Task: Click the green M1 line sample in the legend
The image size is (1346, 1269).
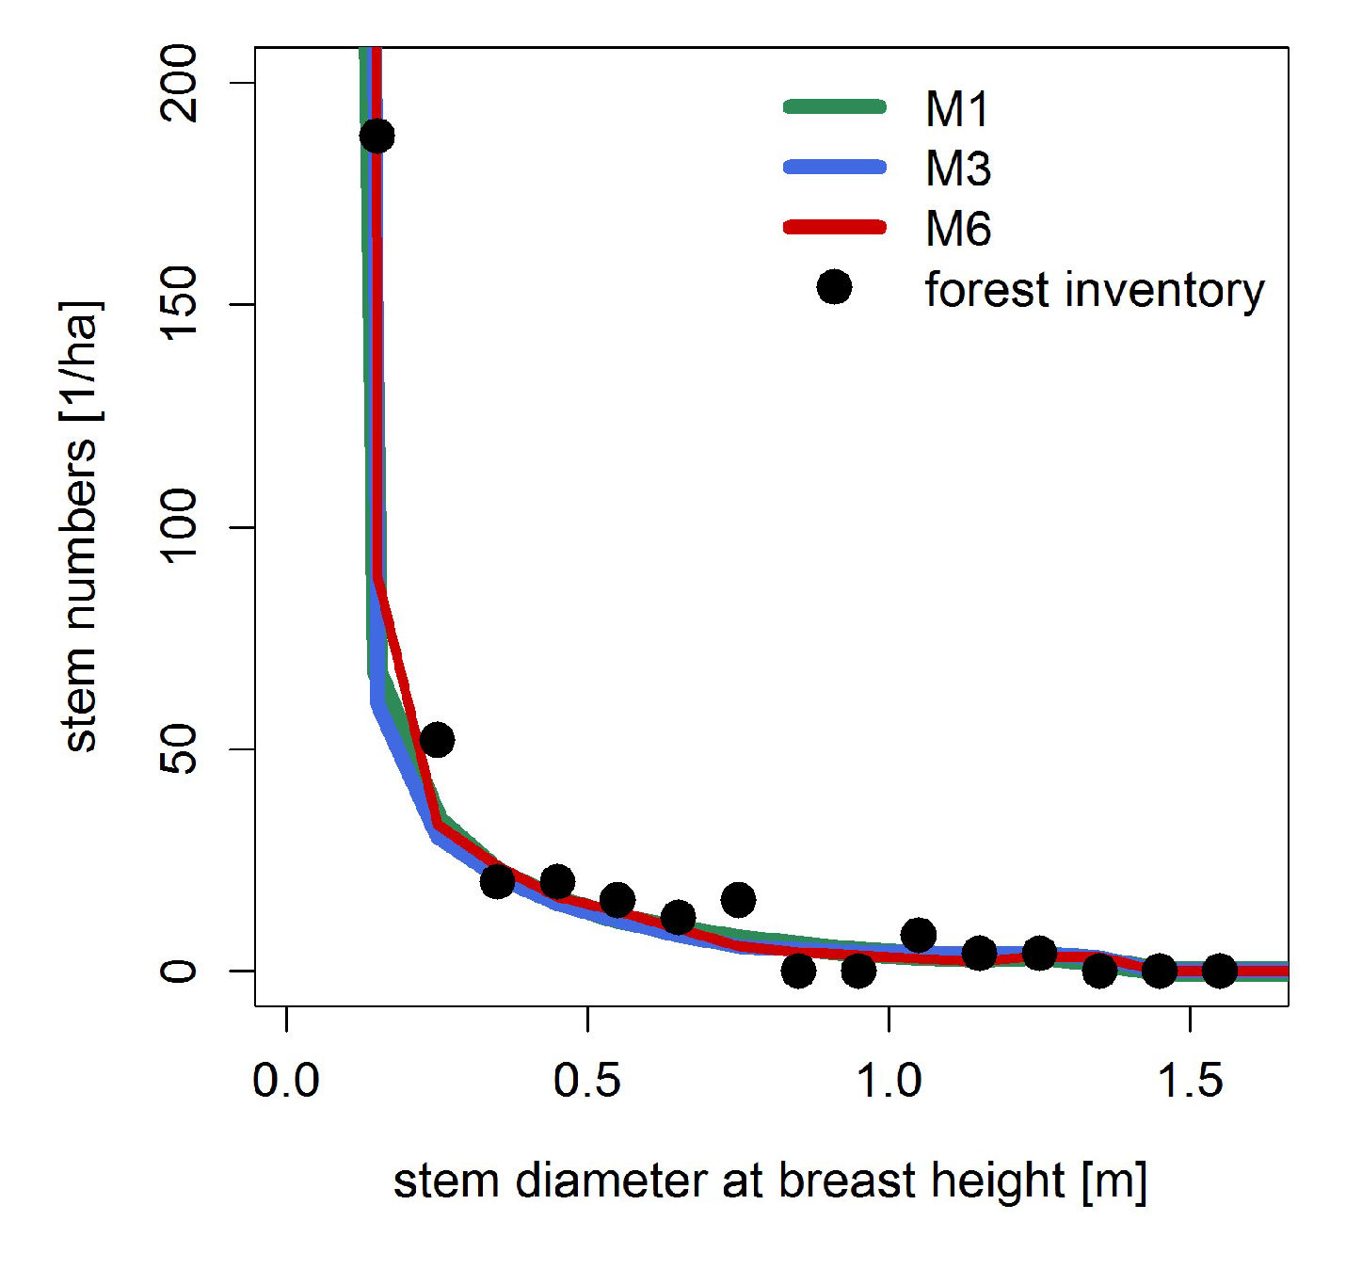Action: [x=834, y=106]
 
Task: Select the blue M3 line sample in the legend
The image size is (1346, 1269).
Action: [x=834, y=168]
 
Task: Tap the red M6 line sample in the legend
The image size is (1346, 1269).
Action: [x=834, y=227]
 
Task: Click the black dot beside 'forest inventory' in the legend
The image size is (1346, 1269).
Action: [x=834, y=287]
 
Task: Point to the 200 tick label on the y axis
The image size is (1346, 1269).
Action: [x=179, y=83]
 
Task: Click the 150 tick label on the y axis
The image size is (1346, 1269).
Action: [x=179, y=304]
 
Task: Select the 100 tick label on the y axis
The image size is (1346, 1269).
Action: [x=179, y=526]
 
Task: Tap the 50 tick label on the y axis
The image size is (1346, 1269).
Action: [x=179, y=748]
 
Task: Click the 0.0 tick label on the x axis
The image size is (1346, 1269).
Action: [x=286, y=1081]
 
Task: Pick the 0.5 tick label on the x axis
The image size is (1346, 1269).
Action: [x=587, y=1081]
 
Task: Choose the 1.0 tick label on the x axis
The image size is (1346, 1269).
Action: [x=889, y=1081]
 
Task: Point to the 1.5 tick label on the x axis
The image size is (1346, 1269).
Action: [x=1190, y=1081]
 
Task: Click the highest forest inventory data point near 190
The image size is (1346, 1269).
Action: [x=377, y=136]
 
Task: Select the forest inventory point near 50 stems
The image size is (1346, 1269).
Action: [x=437, y=740]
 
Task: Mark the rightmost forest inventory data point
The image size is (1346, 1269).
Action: [x=1220, y=970]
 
